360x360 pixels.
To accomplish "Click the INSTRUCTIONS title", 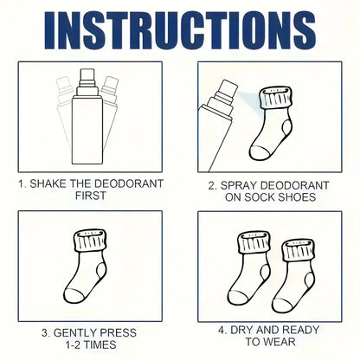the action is [180, 30].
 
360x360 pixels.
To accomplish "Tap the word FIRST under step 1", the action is [91, 196].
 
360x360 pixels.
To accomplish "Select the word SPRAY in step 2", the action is [238, 185].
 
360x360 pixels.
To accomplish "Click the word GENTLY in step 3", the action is [74, 333].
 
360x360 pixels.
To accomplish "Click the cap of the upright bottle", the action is [87, 75].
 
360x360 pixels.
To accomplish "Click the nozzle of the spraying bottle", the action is [228, 90].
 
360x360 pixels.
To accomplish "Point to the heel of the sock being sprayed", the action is [286, 128].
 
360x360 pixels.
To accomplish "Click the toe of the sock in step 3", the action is [73, 295].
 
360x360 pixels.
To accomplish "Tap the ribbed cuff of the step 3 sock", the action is [90, 241].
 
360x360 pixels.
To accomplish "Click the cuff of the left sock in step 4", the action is [254, 242].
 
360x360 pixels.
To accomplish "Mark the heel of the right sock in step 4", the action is [310, 281].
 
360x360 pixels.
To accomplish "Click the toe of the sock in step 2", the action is [260, 153].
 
